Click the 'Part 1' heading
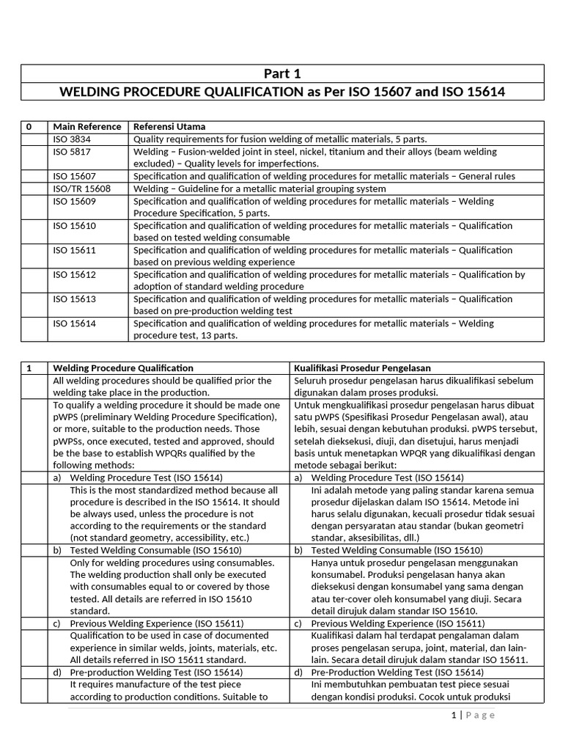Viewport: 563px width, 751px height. pyautogui.click(x=282, y=74)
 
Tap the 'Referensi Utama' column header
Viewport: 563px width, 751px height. pyautogui.click(x=169, y=127)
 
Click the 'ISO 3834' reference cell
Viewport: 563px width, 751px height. pyautogui.click(x=72, y=139)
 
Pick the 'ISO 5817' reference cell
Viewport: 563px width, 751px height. pyautogui.click(x=72, y=152)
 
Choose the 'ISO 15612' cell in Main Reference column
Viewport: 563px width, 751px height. pyautogui.click(x=74, y=274)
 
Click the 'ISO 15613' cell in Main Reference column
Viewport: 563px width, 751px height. pyautogui.click(x=74, y=299)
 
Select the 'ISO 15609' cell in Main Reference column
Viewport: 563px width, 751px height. pyautogui.click(x=74, y=201)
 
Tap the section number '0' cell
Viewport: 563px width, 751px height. pyautogui.click(x=29, y=127)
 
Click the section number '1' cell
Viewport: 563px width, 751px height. pyautogui.click(x=29, y=367)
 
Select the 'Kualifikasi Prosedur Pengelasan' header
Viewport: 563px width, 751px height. pyautogui.click(x=362, y=367)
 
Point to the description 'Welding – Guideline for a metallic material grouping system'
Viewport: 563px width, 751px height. pyautogui.click(x=260, y=188)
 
